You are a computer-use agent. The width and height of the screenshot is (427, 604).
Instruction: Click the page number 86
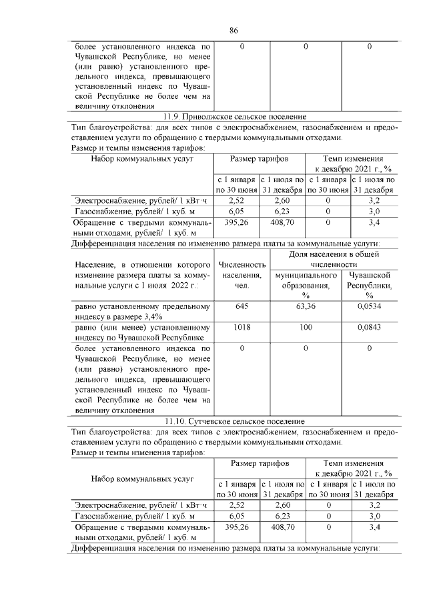pos(234,30)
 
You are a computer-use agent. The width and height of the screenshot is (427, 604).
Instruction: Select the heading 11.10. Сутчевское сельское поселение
pos(234,422)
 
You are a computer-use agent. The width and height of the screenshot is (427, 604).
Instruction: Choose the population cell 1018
pos(242,328)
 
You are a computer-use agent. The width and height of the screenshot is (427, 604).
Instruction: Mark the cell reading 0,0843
pos(369,328)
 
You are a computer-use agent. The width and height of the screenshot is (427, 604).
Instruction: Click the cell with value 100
pos(305,328)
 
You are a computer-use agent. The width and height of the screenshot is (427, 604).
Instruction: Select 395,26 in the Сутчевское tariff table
pos(237,527)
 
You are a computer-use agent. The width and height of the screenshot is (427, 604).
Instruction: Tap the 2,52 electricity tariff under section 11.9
pos(237,200)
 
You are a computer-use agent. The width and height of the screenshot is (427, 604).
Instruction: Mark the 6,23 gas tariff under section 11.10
pos(282,516)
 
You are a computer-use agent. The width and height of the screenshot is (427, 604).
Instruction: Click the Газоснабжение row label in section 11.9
pos(123,210)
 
